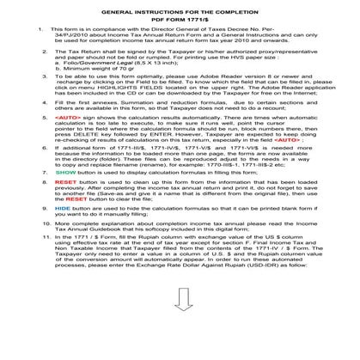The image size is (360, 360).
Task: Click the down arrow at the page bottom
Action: click(180, 339)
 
